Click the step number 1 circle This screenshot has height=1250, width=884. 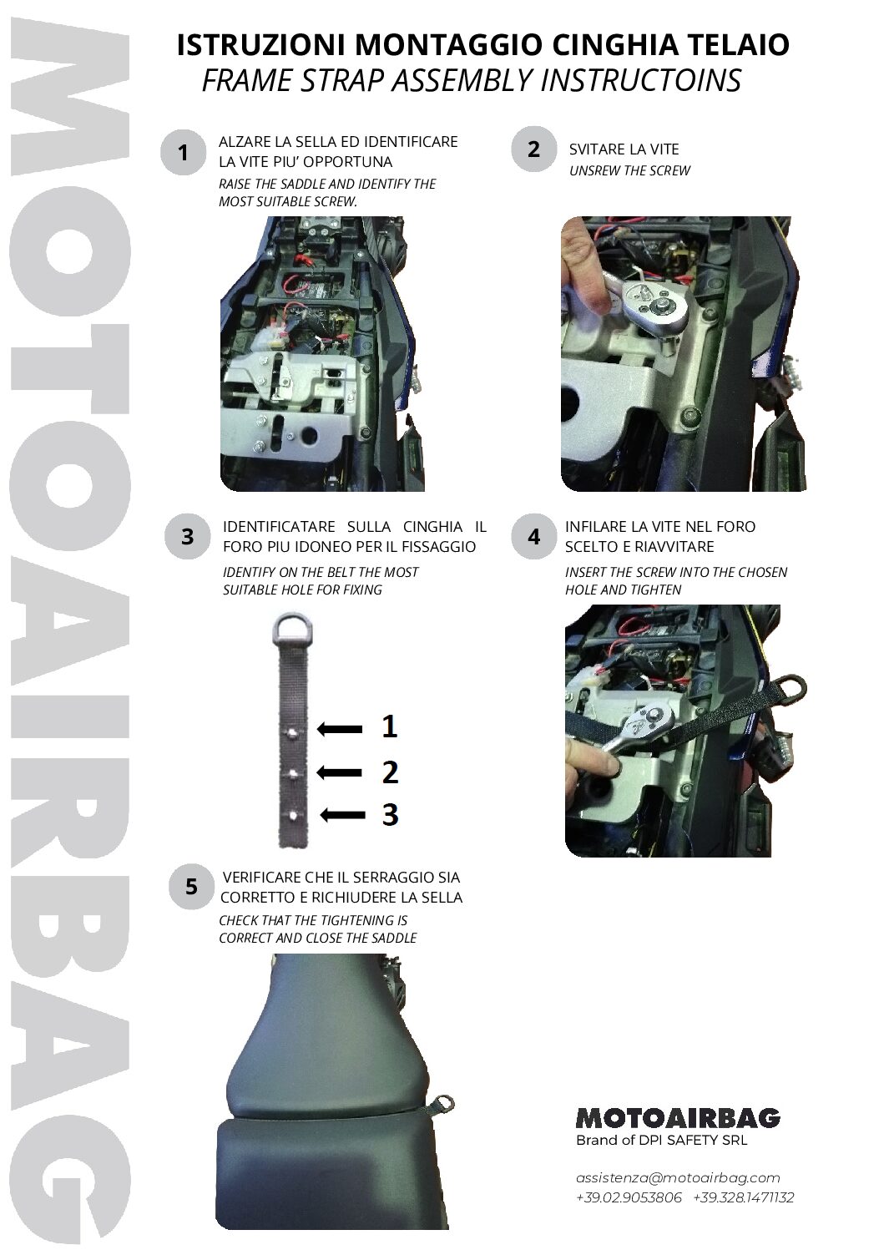(x=183, y=152)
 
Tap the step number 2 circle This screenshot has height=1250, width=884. (x=533, y=149)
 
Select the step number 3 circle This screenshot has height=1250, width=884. (x=187, y=537)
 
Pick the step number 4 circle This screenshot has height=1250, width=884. (x=533, y=537)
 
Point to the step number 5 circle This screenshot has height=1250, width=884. (x=191, y=887)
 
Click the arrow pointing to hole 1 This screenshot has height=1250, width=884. (x=340, y=729)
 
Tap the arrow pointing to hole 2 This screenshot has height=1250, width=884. (x=340, y=773)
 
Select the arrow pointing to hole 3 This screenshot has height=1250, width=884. (x=342, y=815)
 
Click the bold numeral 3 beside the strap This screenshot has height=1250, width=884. (x=391, y=815)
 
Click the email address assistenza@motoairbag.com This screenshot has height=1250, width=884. (x=678, y=1178)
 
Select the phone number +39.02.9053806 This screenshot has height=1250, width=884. (x=629, y=1198)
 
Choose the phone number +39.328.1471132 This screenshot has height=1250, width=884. (x=744, y=1198)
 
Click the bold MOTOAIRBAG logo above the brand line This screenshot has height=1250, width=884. (x=678, y=1118)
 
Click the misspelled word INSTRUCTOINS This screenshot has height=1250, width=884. (x=641, y=80)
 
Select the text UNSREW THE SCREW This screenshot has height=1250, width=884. (x=629, y=171)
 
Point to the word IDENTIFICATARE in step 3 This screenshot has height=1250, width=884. (x=279, y=527)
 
